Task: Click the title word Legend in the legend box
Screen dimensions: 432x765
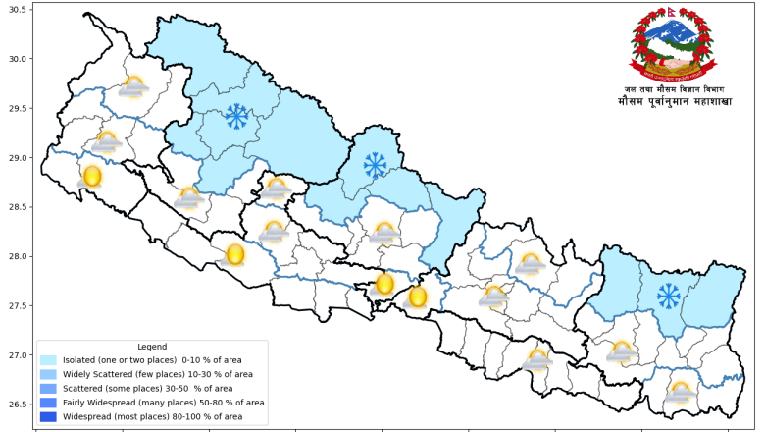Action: point(152,347)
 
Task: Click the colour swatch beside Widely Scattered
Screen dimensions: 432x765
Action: point(48,374)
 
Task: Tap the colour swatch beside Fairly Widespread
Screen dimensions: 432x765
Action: point(48,402)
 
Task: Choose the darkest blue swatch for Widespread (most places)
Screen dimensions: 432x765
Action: point(48,416)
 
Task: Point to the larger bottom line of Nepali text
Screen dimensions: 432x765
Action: point(675,101)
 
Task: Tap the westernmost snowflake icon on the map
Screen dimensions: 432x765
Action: point(236,117)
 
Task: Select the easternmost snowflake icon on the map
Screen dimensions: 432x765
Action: point(669,296)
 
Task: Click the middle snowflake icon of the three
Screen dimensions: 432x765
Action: point(375,164)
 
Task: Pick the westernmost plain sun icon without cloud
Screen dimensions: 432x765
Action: point(91,177)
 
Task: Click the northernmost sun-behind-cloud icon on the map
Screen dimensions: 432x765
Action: point(133,87)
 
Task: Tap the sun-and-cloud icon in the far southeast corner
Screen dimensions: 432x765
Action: point(680,393)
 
